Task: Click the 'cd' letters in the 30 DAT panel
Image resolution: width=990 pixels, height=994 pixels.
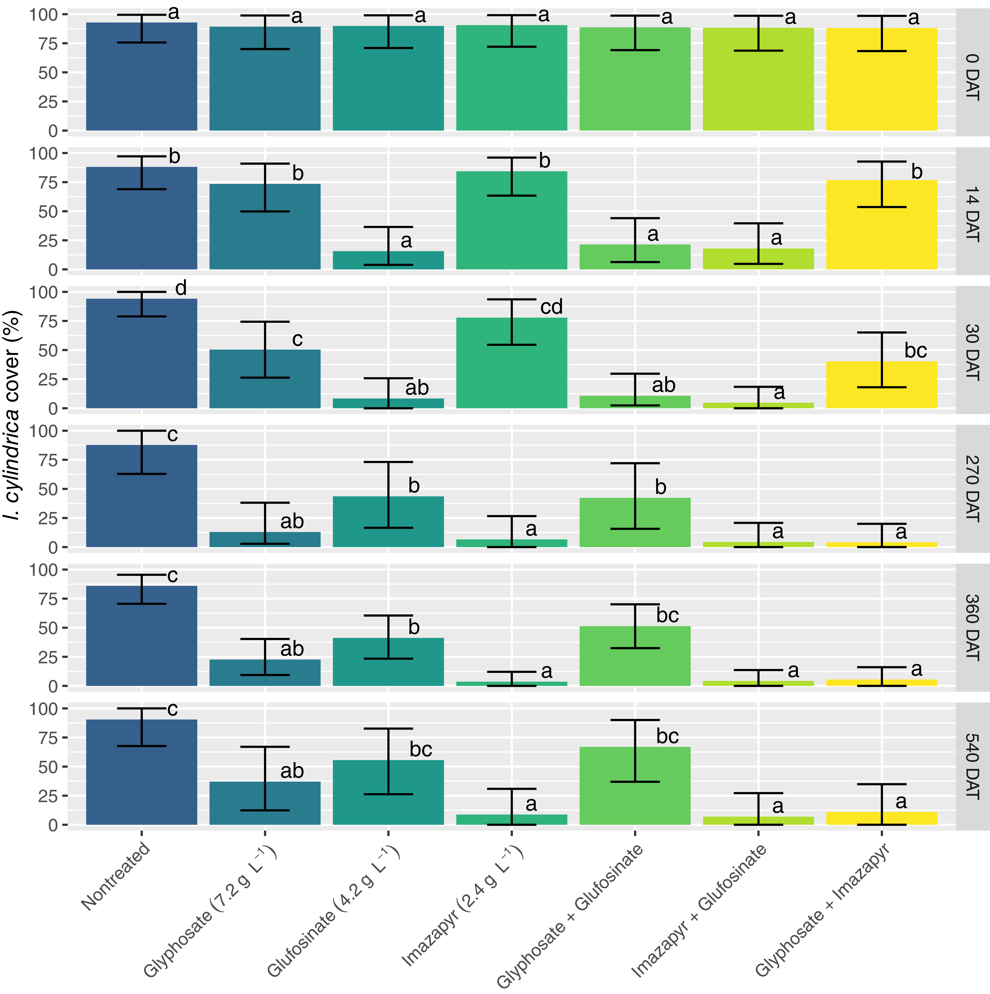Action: tap(551, 307)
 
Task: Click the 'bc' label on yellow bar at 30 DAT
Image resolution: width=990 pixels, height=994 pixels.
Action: tap(915, 351)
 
